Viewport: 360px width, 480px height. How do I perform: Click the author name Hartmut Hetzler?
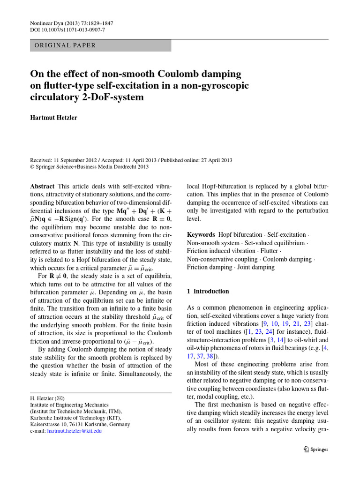(x=53, y=118)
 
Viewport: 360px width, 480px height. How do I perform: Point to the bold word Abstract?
(x=42, y=186)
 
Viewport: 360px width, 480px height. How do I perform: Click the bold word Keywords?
(x=201, y=234)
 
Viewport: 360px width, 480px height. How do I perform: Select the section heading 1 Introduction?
(x=208, y=291)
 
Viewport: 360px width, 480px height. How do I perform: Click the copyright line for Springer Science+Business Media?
(x=89, y=166)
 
